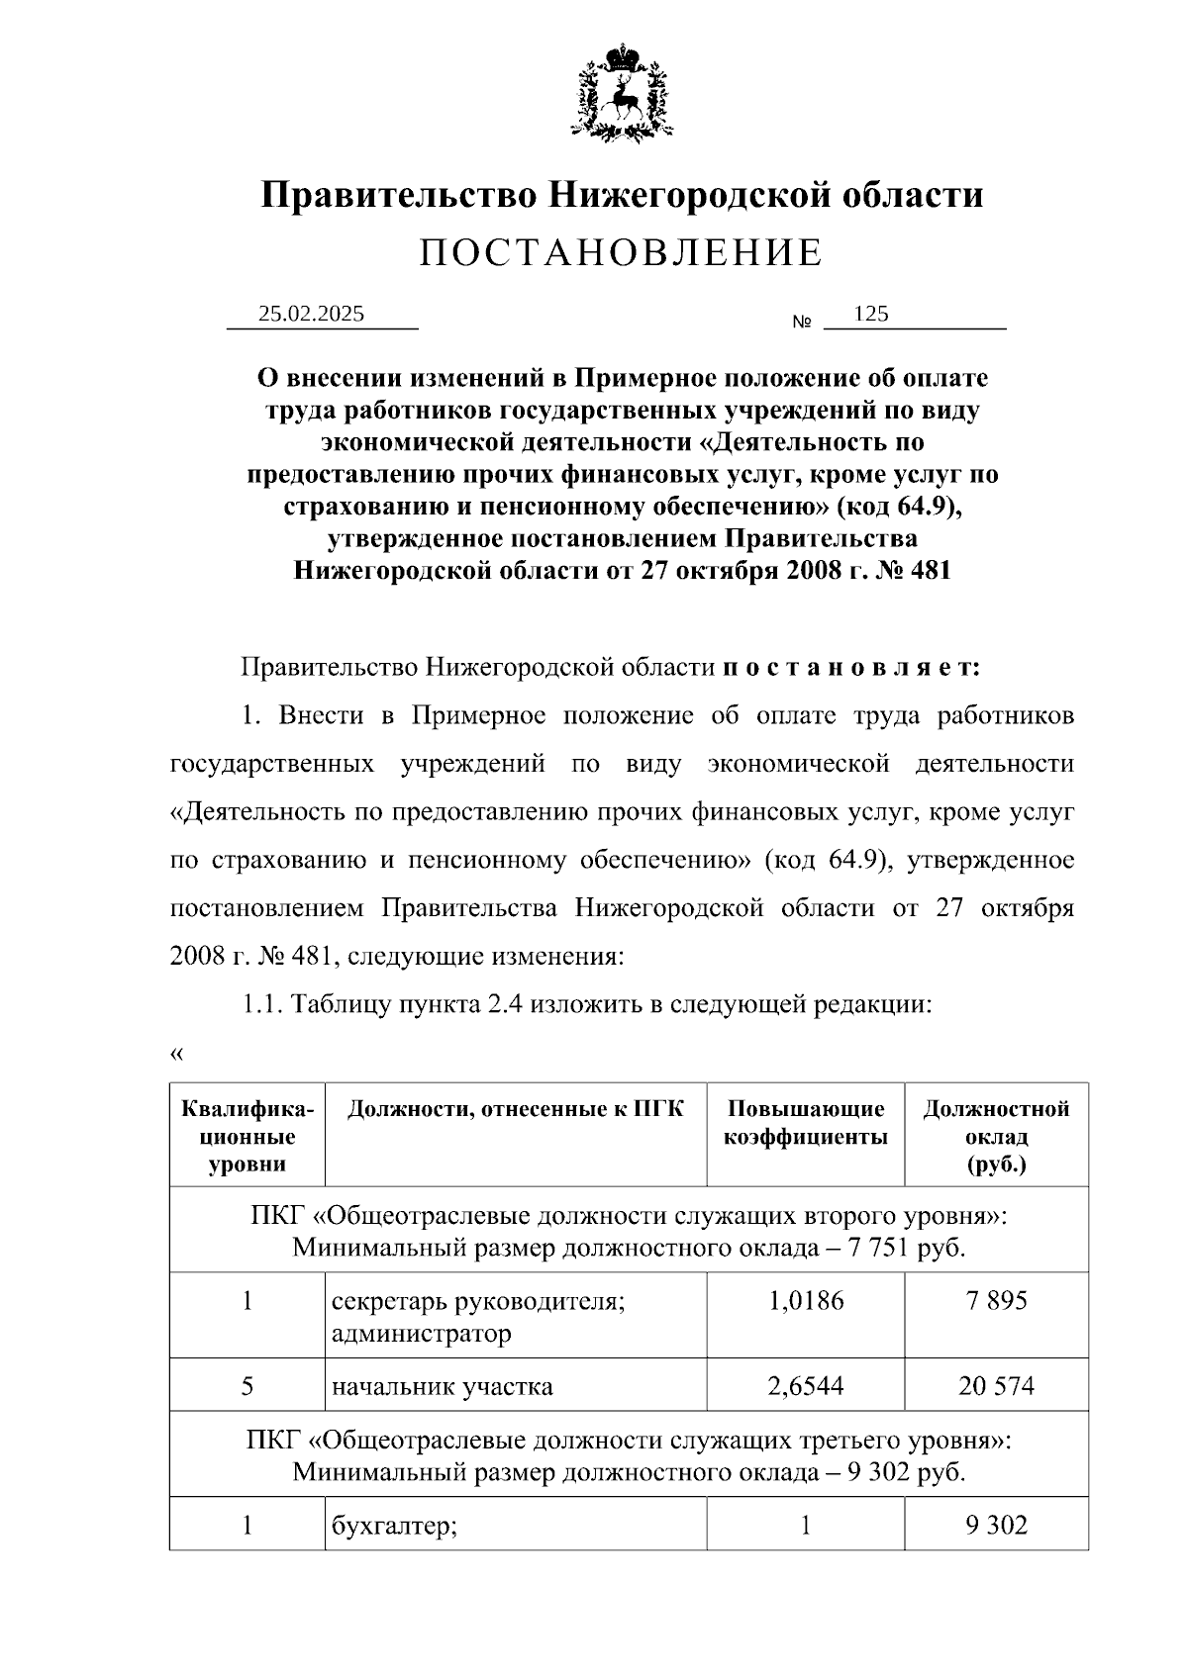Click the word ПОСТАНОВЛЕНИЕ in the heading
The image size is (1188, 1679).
pyautogui.click(x=621, y=253)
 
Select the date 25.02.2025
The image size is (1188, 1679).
pyautogui.click(x=311, y=314)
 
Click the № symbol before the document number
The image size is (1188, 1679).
pyautogui.click(x=802, y=323)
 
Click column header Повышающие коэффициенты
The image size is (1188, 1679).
pyautogui.click(x=805, y=1123)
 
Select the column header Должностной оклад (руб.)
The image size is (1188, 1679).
pyautogui.click(x=995, y=1136)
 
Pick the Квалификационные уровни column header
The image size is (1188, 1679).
pyautogui.click(x=247, y=1136)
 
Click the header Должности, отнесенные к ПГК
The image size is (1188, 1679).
pyautogui.click(x=515, y=1109)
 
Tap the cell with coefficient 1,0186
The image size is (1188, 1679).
pyautogui.click(x=805, y=1300)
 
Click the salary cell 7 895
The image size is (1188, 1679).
pyautogui.click(x=996, y=1300)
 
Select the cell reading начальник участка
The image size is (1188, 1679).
pyautogui.click(x=442, y=1386)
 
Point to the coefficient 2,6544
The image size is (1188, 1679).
pyautogui.click(x=805, y=1386)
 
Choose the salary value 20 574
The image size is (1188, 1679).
pyautogui.click(x=996, y=1386)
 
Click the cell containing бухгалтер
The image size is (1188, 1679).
pyautogui.click(x=393, y=1526)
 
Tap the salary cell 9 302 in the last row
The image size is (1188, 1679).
pyautogui.click(x=996, y=1526)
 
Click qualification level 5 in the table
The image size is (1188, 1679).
pyautogui.click(x=247, y=1386)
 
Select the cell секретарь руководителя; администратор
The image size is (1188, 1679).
pyautogui.click(x=478, y=1316)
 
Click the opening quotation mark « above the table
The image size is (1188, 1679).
pyautogui.click(x=176, y=1054)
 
